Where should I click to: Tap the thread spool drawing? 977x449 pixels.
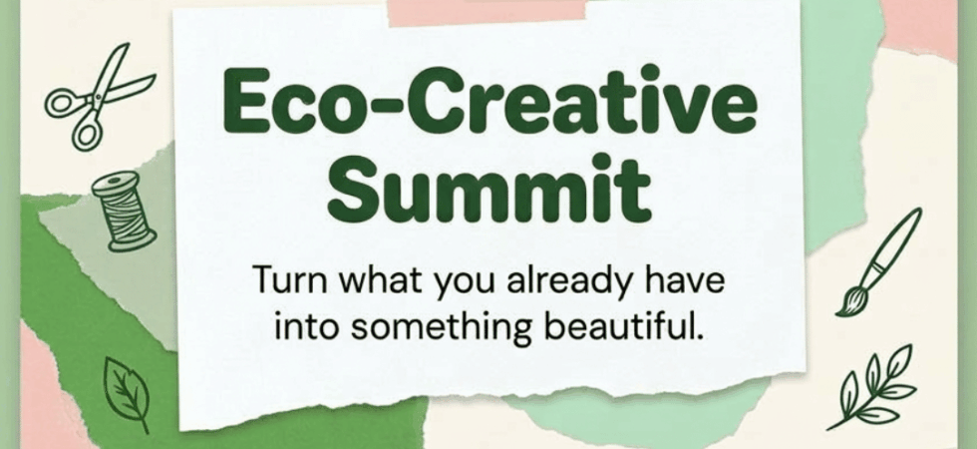point(124,211)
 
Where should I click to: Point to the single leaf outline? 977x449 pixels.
point(128,393)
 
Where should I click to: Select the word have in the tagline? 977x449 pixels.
point(694,280)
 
